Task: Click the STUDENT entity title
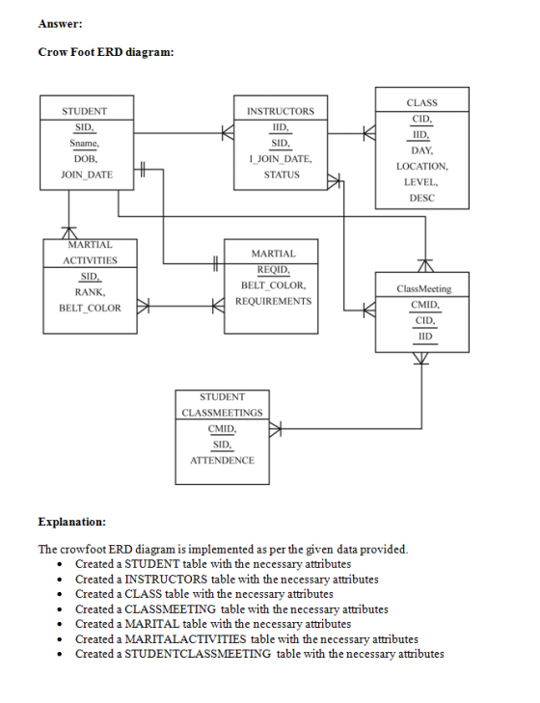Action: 84,111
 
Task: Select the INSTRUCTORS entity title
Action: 281,111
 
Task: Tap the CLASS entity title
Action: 422,102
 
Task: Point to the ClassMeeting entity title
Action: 424,288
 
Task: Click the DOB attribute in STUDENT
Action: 86,159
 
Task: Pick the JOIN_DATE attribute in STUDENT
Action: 87,175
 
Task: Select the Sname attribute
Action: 84,143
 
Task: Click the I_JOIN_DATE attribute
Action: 281,159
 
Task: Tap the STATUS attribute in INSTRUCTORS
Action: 282,175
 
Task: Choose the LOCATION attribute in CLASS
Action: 422,166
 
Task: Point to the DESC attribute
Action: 422,198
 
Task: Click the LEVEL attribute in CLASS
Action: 421,182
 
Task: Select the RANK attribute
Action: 90,292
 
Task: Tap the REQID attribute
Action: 274,269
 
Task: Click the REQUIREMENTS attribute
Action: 274,301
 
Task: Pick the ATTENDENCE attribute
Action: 222,460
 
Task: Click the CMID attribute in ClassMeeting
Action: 425,305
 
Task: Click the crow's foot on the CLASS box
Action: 369,133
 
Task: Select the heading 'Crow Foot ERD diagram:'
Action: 106,52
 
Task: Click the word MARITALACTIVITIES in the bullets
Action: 185,639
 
